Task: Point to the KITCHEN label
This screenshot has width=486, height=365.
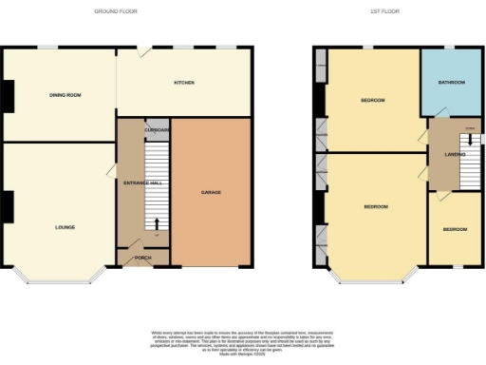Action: pyautogui.click(x=183, y=84)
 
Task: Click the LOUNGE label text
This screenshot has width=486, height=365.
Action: pyautogui.click(x=65, y=227)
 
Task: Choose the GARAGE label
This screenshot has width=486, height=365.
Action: pyautogui.click(x=211, y=193)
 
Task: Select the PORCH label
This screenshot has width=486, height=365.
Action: pyautogui.click(x=142, y=258)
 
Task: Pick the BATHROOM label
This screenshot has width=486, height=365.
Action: pyautogui.click(x=452, y=83)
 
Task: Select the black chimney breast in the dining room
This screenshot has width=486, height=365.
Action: pyautogui.click(x=6, y=95)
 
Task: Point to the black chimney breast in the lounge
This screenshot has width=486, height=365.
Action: pyautogui.click(x=6, y=205)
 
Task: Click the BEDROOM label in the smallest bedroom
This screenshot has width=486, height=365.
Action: pyautogui.click(x=455, y=229)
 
